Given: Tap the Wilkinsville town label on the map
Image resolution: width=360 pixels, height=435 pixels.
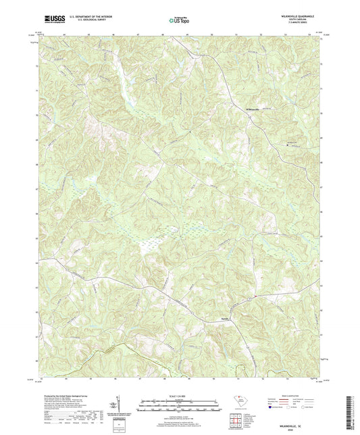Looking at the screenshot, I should pos(251,110).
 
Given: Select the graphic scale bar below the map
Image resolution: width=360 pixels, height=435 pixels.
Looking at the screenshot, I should pos(180,407).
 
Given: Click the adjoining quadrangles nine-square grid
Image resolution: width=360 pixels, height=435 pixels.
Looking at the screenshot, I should pos(237,420).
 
